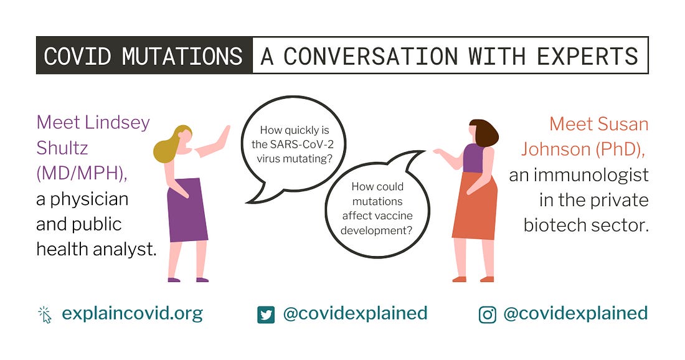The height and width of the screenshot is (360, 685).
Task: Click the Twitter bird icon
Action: tap(266, 315)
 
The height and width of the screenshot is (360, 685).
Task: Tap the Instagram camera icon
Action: tap(487, 315)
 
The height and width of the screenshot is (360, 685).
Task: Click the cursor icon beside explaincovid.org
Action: tap(45, 315)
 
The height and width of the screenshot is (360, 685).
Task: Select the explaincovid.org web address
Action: tap(133, 314)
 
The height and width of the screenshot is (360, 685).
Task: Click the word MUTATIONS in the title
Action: tap(182, 56)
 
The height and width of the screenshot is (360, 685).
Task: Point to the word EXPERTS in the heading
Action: tap(588, 56)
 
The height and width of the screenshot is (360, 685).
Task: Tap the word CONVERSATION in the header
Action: tap(371, 56)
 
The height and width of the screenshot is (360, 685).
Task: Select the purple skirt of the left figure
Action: tap(187, 210)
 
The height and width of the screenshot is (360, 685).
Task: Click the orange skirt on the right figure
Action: tap(475, 206)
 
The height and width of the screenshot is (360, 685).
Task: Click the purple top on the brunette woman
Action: tap(473, 158)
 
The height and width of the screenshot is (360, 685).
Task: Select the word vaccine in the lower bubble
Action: tap(395, 216)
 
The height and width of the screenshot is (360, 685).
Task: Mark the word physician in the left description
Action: tap(89, 200)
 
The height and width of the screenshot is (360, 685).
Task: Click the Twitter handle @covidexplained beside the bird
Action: tap(355, 314)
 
